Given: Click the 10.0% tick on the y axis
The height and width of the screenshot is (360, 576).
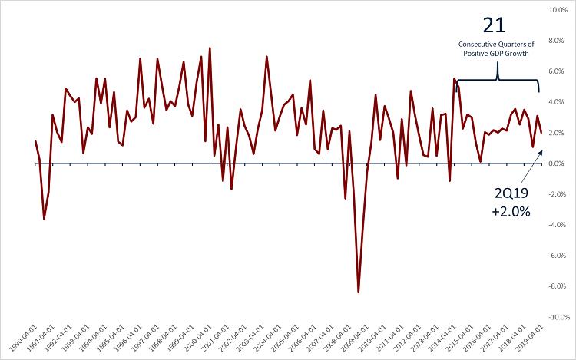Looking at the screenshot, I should [x=557, y=10].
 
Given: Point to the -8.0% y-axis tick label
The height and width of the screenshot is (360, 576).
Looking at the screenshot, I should [x=558, y=286].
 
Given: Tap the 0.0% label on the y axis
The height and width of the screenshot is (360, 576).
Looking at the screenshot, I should [x=558, y=163].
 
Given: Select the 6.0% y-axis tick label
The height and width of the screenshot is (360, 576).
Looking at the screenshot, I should [x=558, y=71].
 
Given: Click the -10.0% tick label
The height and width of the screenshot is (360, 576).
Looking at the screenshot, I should [x=556, y=317].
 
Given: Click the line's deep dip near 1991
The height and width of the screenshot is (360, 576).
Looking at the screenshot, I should [x=44, y=219].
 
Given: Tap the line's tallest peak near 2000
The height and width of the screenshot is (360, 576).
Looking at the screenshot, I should [x=210, y=48].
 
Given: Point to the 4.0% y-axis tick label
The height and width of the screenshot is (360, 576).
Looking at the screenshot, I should [x=558, y=102].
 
